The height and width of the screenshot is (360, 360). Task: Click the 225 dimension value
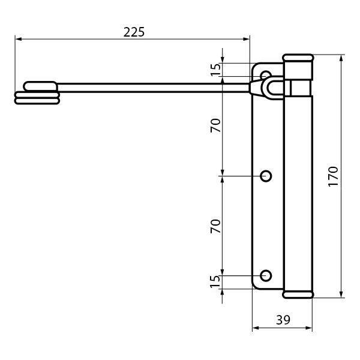134,32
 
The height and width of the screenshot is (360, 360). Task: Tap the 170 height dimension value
333,176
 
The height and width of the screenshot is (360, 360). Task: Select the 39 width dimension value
283,320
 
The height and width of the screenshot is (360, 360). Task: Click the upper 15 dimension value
215,70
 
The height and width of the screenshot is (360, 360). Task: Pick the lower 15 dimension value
215,281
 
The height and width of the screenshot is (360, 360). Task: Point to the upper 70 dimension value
215,125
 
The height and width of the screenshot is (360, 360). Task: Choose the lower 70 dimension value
215,226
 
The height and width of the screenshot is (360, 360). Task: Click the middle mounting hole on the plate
266,176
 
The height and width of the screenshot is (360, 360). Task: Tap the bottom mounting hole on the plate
266,275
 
